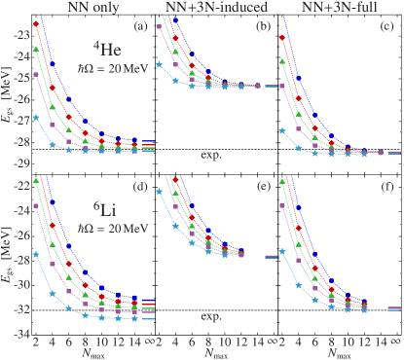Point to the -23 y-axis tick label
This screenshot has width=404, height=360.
click(18, 35)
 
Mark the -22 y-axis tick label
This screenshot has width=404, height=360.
click(18, 182)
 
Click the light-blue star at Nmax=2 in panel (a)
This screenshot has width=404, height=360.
click(36, 118)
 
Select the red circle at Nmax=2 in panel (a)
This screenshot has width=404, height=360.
click(36, 23)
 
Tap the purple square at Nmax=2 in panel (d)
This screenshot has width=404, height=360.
click(36, 206)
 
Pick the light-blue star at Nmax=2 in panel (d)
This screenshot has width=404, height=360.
click(36, 255)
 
